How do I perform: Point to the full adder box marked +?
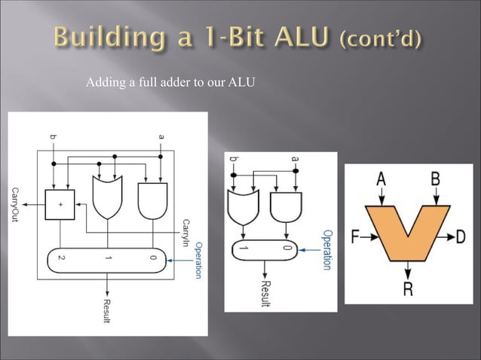pyautogui.click(x=61, y=203)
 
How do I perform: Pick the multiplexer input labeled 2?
pyautogui.click(x=61, y=258)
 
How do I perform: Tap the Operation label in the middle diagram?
pyautogui.click(x=327, y=249)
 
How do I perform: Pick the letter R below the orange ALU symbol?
pyautogui.click(x=407, y=289)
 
